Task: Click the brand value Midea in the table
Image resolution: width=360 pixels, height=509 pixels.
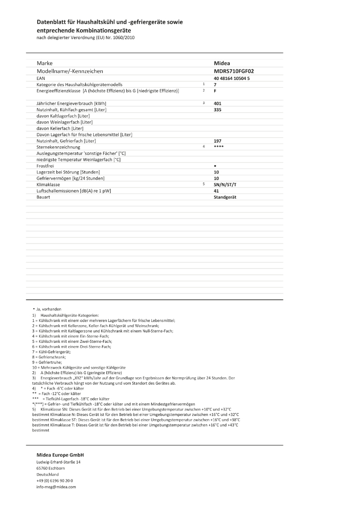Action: click(222, 64)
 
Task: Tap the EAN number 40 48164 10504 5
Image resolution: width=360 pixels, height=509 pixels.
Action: click(232, 79)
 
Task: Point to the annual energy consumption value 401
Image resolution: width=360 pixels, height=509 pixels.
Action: click(217, 104)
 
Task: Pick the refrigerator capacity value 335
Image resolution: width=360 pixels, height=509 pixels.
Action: click(217, 110)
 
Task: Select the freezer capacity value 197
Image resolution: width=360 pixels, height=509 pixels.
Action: click(217, 141)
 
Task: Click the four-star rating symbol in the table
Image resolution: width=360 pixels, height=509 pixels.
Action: click(218, 147)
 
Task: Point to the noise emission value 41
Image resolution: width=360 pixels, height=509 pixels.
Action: click(216, 191)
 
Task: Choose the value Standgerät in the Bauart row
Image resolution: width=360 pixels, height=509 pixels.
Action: click(225, 198)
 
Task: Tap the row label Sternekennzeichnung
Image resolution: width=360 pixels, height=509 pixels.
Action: click(58, 147)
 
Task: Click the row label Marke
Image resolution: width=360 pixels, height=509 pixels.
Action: click(44, 64)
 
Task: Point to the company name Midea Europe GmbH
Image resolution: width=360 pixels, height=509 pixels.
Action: click(60, 455)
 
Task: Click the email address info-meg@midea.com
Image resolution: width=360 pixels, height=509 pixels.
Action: click(56, 487)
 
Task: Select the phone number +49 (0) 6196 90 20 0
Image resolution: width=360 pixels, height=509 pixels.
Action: click(55, 480)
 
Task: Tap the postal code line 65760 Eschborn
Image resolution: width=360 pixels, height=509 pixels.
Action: click(51, 468)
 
